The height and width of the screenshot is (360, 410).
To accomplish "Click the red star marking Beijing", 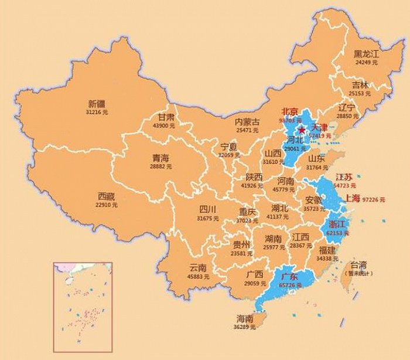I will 302,130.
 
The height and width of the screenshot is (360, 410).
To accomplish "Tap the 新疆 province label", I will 93,104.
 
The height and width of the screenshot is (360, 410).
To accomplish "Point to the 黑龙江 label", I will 367,54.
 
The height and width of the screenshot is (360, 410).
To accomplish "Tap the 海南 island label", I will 245,318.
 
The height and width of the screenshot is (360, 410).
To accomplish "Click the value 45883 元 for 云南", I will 194,276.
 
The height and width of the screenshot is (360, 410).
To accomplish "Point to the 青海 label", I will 160,158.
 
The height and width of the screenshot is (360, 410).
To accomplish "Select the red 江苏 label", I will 343,177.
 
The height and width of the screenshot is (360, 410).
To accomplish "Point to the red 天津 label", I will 319,127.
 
